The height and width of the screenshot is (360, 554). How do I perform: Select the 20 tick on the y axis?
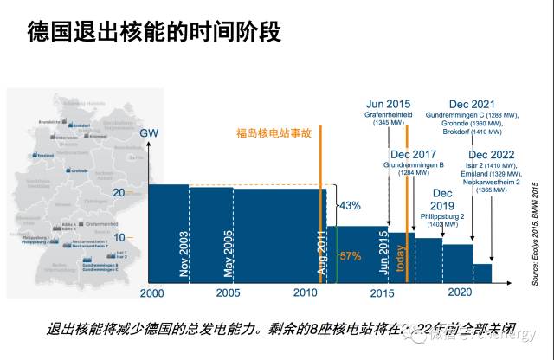pos(142,192)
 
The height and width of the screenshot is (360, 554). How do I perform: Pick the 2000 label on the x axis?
pos(151,293)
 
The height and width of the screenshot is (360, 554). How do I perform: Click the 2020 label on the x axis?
pos(460,293)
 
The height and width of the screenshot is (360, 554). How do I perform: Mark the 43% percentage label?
pos(350,206)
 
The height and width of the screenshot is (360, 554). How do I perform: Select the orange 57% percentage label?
pos(350,256)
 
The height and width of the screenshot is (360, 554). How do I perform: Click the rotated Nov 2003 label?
pos(184,254)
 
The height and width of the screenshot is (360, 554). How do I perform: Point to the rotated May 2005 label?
pos(229,254)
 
